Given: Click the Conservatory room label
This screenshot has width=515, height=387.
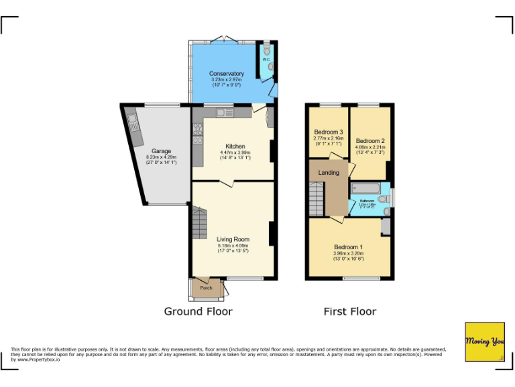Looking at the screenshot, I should pyautogui.click(x=226, y=73).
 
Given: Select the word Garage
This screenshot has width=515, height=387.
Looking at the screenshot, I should pyautogui.click(x=161, y=151).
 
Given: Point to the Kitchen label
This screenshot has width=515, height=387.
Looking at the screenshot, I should pyautogui.click(x=235, y=146).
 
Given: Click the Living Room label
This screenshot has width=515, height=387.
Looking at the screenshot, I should pyautogui.click(x=233, y=239).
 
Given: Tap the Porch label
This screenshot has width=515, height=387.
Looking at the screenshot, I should pyautogui.click(x=207, y=288).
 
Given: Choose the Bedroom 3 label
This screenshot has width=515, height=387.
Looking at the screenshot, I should pyautogui.click(x=329, y=132).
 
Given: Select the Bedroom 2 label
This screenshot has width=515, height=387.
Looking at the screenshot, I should pyautogui.click(x=369, y=140).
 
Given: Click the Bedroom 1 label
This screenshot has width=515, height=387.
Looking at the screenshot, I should pyautogui.click(x=349, y=247).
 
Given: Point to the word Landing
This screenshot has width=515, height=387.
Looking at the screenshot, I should pyautogui.click(x=329, y=173).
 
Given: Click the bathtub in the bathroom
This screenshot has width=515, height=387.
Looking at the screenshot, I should pyautogui.click(x=366, y=187).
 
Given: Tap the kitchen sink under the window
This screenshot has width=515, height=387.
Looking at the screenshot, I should pyautogui.click(x=223, y=112).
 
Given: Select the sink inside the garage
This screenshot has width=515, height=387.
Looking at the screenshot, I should pyautogui.click(x=133, y=122).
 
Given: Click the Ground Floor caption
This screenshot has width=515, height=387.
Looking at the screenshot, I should pyautogui.click(x=198, y=311).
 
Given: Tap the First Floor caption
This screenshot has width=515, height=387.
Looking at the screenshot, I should pyautogui.click(x=349, y=311).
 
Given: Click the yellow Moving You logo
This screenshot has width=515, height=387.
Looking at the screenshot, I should pyautogui.click(x=485, y=342).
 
